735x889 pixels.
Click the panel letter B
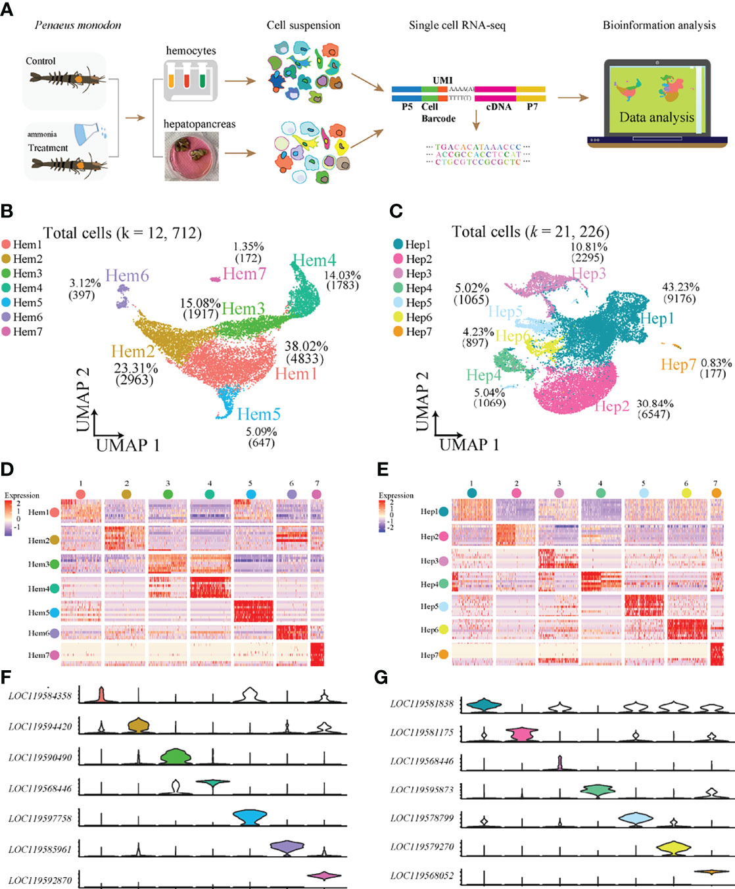tap(7, 212)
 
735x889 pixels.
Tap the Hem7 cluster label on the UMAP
tap(244, 274)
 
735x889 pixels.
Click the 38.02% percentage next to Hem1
tap(306, 347)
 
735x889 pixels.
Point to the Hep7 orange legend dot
tap(398, 332)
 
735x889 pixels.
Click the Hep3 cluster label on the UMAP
tap(588, 274)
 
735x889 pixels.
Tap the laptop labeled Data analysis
tap(657, 102)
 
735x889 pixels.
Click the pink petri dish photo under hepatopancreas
tap(191, 156)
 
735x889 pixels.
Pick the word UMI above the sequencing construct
tap(442, 80)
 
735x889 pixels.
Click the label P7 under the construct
tap(532, 106)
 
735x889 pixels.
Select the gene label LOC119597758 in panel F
tap(40, 819)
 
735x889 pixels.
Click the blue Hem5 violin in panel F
tap(250, 817)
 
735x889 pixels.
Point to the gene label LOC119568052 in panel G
tap(421, 875)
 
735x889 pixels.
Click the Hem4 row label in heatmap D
tap(38, 589)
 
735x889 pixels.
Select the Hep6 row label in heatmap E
tap(429, 629)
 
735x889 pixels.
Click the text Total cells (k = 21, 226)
tap(530, 232)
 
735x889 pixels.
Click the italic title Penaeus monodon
tap(78, 26)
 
